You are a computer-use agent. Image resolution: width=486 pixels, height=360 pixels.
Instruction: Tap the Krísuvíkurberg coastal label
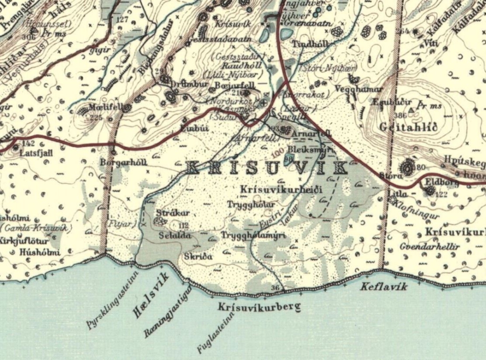pos(259,307)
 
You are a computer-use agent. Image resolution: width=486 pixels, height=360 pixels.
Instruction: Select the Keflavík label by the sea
pos(383,286)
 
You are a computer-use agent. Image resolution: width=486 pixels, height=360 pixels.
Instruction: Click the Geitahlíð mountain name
pos(409,127)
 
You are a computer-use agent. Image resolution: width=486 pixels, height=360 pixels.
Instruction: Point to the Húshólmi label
pos(40,252)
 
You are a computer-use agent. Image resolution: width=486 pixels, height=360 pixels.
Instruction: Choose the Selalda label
pos(175,235)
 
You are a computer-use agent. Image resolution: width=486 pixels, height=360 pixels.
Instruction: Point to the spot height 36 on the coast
pos(276,288)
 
